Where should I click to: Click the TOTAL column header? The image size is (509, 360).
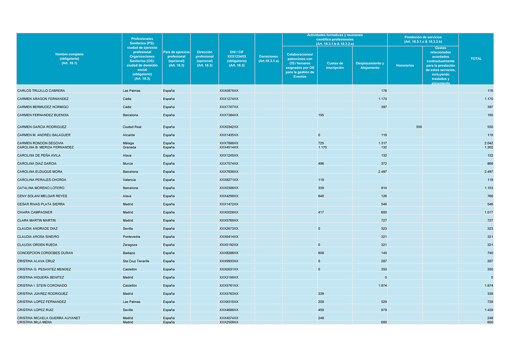click(476, 59)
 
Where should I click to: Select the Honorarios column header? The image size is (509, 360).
click(405, 65)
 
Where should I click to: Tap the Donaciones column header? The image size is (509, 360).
click(268, 59)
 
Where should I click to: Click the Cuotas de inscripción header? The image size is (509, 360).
click(335, 65)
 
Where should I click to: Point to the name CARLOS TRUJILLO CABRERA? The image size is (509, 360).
click(41, 91)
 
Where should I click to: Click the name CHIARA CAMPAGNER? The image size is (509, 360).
click(35, 212)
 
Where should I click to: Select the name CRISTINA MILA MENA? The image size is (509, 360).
click(34, 322)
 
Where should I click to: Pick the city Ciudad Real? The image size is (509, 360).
click(132, 127)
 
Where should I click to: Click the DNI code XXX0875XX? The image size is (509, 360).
click(229, 91)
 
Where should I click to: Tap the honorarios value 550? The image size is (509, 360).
click(419, 127)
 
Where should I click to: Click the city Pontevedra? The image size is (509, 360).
click(132, 237)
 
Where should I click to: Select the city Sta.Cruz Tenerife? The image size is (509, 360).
click(136, 261)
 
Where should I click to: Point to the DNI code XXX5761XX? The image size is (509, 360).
click(229, 285)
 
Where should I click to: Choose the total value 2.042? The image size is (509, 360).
click(488, 143)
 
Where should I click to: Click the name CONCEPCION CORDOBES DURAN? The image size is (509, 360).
click(45, 253)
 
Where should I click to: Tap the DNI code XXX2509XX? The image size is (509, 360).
click(229, 322)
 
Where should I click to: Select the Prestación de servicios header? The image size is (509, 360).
click(422, 39)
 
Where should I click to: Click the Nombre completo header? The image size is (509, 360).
click(69, 59)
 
